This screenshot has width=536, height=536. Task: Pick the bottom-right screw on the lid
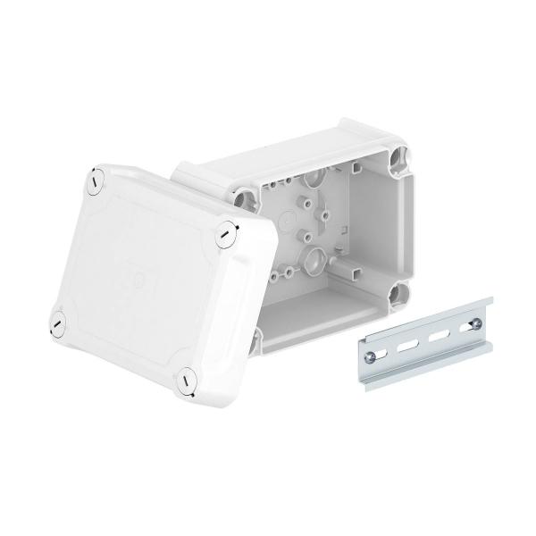click(x=186, y=379)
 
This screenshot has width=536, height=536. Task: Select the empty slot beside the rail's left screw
click(x=405, y=339)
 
